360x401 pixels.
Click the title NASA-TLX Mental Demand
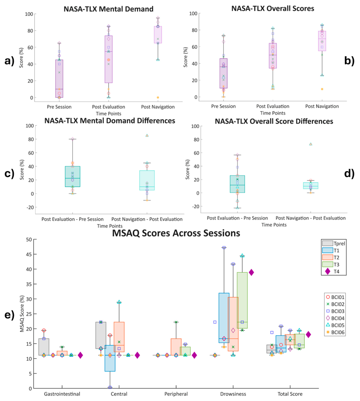click(108, 9)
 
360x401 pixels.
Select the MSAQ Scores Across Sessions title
click(176, 233)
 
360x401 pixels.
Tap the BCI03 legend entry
click(335, 311)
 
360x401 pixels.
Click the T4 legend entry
click(334, 271)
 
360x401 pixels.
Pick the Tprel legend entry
click(334, 243)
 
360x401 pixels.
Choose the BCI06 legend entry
click(335, 332)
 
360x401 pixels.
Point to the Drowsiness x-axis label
click(233, 394)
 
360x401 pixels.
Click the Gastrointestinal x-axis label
click(62, 394)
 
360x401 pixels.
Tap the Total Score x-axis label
click(290, 394)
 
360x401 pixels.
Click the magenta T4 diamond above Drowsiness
click(251, 272)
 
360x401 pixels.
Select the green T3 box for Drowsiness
click(242, 301)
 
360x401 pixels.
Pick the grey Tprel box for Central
click(101, 335)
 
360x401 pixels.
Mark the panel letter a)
click(10, 61)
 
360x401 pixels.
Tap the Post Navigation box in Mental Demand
click(158, 35)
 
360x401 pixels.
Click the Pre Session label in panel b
click(223, 106)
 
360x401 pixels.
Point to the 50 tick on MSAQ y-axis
click(29, 239)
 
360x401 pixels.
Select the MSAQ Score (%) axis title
click(22, 314)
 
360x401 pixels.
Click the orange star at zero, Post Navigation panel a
click(158, 97)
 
